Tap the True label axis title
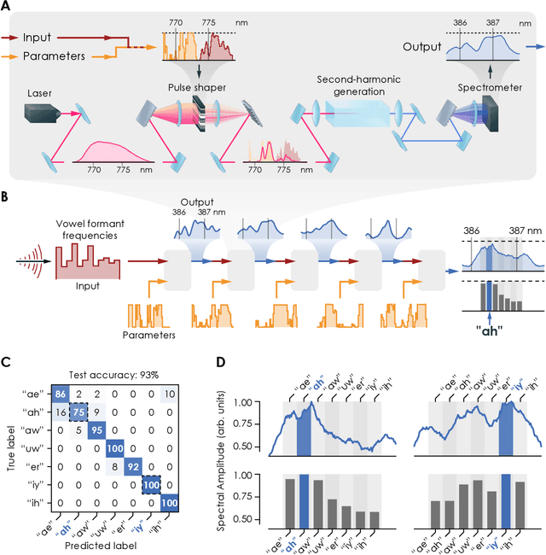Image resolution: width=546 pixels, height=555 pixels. [11, 447]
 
